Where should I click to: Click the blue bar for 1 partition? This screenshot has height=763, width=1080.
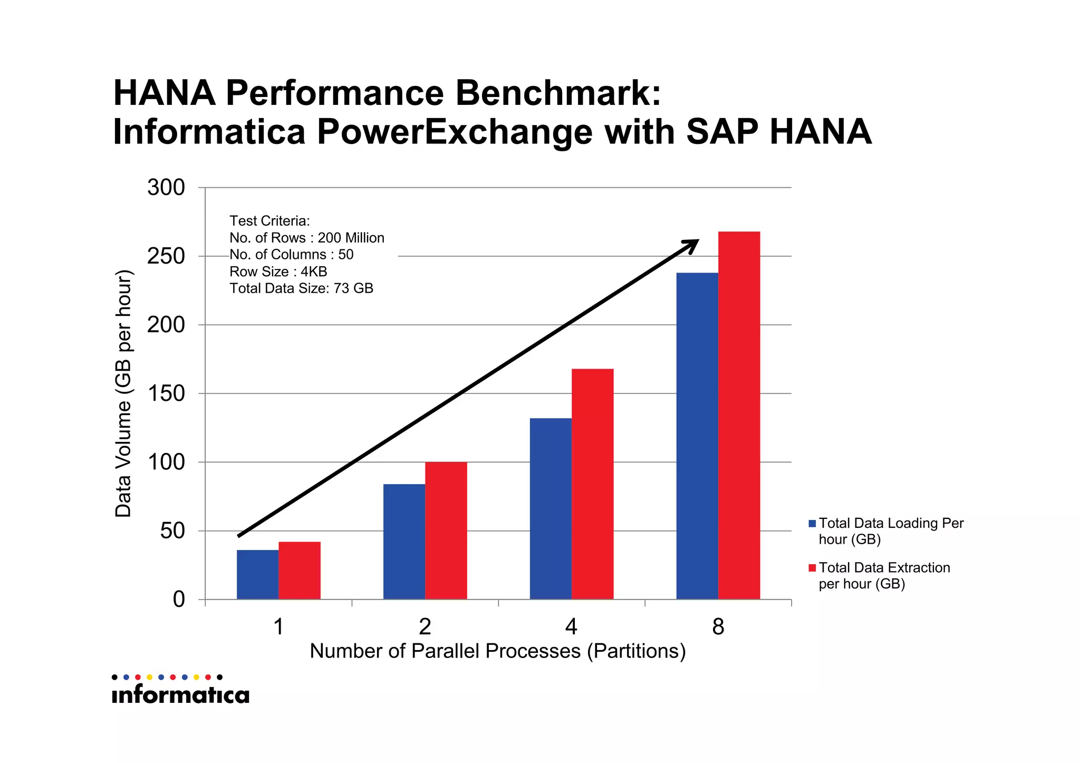[257, 575]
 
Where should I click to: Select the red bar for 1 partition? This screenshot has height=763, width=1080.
[300, 571]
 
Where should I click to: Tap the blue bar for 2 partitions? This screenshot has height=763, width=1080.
[404, 542]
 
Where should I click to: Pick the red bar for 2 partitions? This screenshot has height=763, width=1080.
[446, 530]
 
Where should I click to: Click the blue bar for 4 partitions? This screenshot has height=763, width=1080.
[551, 509]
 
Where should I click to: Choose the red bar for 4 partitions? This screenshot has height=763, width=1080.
[593, 484]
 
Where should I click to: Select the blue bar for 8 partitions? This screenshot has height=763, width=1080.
[697, 436]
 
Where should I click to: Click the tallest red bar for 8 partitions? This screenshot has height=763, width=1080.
[739, 416]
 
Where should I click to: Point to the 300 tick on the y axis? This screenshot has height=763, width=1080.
[166, 188]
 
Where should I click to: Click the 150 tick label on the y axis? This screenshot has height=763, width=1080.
[166, 393]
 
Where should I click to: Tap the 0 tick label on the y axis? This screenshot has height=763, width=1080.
[179, 600]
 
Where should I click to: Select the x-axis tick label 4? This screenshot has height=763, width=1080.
[571, 627]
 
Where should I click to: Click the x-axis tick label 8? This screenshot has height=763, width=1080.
[718, 627]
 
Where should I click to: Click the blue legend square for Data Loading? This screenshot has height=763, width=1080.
[812, 524]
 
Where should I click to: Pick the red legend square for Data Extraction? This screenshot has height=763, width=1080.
[812, 568]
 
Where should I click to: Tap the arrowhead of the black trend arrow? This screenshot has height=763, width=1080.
[692, 244]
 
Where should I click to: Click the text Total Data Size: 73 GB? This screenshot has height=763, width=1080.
[301, 288]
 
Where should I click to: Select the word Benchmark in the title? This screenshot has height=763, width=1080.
[557, 93]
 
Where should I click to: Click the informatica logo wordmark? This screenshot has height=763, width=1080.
[180, 695]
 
